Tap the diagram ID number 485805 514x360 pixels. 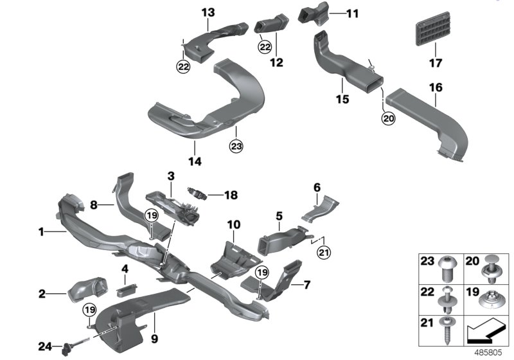point(491,352)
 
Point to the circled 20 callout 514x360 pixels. point(387,118)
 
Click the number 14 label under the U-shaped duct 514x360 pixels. point(195,162)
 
